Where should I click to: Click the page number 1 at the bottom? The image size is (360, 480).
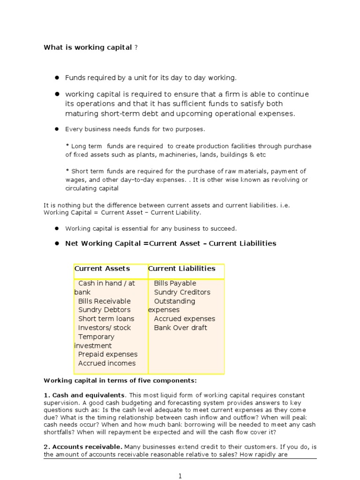coord(180,476)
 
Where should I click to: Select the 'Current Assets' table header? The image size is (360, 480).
coord(102,269)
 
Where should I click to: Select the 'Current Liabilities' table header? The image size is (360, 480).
coord(182,269)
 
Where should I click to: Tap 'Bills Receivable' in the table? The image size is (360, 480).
coord(104,301)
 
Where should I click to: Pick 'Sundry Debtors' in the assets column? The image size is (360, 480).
coord(104,310)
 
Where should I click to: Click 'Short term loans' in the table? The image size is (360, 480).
coord(106,319)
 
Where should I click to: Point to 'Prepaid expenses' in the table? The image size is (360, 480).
coord(108,354)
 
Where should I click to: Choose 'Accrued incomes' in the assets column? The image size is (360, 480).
coord(107,363)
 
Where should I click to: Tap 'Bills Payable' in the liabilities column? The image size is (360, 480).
coord(175,283)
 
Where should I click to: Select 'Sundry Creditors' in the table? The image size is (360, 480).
coord(182,292)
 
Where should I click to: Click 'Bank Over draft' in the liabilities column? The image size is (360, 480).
coord(180,328)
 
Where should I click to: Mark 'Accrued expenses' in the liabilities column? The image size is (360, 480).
coord(185,319)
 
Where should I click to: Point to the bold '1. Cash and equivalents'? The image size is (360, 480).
coord(84,395)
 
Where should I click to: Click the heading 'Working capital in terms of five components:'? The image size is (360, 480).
coord(120,380)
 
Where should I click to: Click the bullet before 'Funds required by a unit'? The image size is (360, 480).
coord(57,77)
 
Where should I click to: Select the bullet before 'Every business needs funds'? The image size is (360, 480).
coord(57,129)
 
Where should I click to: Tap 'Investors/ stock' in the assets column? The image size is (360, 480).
coord(105,328)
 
